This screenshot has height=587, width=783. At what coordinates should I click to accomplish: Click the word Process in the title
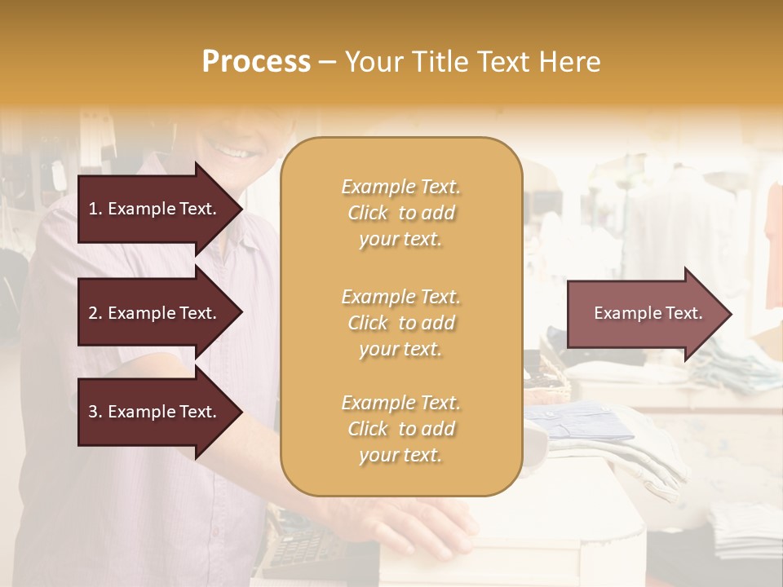(256, 62)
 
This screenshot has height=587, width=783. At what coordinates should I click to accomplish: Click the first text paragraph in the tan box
(400, 213)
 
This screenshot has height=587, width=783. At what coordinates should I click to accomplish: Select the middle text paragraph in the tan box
(400, 323)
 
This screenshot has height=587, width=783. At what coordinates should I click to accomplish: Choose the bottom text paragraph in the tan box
(400, 429)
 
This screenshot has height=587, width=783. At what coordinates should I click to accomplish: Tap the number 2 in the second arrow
(93, 313)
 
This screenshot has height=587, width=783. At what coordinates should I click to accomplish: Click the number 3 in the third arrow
(93, 412)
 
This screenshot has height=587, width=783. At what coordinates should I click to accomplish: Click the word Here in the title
(571, 62)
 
